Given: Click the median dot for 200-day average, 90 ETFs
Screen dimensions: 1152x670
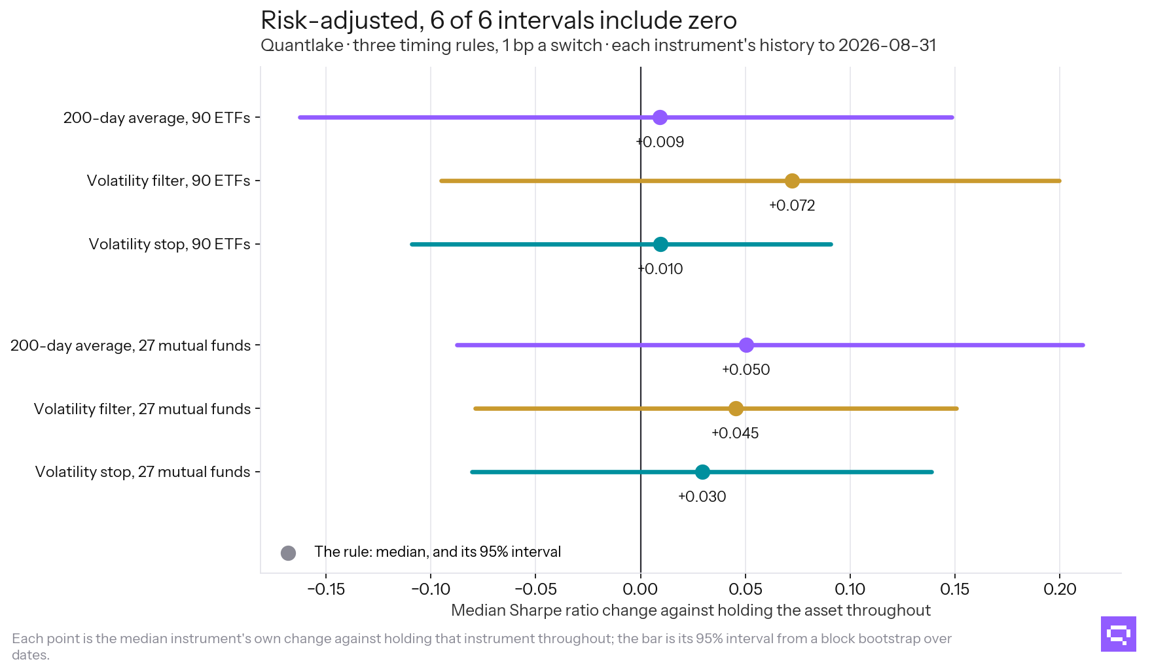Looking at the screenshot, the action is tap(660, 118).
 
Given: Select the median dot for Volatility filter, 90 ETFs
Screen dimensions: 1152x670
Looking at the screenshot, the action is tap(792, 181).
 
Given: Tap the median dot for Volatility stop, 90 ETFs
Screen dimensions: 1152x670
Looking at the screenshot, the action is tap(660, 244).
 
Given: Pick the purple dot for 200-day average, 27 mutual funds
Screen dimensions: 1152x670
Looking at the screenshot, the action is tap(746, 345).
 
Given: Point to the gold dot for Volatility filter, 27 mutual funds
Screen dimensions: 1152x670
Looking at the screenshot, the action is tap(736, 408).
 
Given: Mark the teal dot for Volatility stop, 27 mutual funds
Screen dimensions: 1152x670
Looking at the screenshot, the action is tap(702, 472).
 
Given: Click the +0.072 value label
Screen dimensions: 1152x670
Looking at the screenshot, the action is tap(792, 205).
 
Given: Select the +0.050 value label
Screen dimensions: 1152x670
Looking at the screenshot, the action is tap(746, 370).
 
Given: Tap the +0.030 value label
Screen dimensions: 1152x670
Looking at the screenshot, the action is tap(702, 497).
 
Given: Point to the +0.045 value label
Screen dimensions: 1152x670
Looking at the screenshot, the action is tap(735, 433).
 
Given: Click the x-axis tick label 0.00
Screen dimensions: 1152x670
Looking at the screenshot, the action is tap(640, 590).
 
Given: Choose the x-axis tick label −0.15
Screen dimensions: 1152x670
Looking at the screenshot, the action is tap(326, 590).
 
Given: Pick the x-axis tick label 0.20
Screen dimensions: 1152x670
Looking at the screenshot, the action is tap(1060, 590).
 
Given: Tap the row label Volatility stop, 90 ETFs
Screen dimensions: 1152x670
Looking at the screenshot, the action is tap(170, 244).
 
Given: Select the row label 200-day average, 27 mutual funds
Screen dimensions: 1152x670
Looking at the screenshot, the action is tap(130, 345).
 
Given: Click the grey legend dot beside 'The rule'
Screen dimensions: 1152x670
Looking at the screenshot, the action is tap(288, 553).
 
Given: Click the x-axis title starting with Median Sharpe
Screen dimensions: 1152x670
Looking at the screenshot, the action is tap(691, 610).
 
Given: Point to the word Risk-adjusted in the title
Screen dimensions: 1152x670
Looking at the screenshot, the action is tap(339, 21).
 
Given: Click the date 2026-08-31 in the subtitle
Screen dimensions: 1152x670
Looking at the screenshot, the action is tap(887, 45).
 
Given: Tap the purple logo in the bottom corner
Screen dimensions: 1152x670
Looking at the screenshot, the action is tap(1119, 634).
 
